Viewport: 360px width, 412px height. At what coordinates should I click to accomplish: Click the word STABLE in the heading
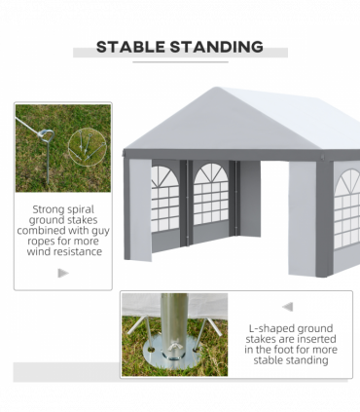click(x=130, y=47)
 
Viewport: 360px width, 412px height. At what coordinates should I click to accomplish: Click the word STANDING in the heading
click(x=216, y=47)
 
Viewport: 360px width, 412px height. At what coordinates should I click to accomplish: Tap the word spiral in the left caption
click(x=78, y=209)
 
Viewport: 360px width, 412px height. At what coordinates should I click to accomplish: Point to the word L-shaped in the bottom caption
click(x=270, y=329)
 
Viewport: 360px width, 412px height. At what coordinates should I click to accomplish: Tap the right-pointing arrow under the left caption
click(x=63, y=273)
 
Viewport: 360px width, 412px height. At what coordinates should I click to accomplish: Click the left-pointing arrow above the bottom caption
click(x=288, y=307)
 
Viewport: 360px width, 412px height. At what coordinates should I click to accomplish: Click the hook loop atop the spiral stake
click(x=47, y=135)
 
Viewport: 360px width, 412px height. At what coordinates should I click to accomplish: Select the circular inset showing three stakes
click(x=88, y=147)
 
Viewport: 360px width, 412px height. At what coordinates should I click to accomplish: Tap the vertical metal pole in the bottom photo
click(x=174, y=325)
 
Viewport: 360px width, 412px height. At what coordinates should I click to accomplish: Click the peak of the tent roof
click(x=215, y=88)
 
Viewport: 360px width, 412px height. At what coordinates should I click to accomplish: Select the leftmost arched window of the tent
click(x=164, y=198)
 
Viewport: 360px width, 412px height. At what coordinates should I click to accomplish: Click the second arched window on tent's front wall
click(x=211, y=194)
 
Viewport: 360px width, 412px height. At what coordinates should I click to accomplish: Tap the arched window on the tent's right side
click(x=347, y=208)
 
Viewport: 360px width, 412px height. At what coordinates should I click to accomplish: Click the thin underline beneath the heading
click(x=180, y=61)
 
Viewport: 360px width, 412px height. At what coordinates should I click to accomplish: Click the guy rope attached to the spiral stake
click(x=28, y=126)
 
